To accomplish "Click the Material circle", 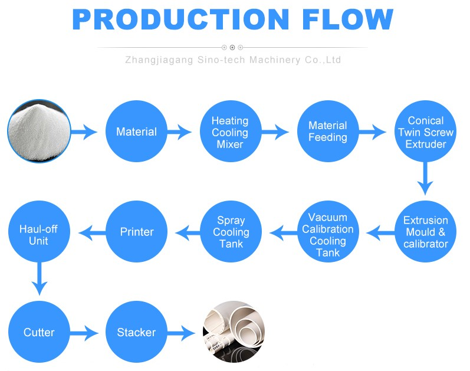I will pyautogui.click(x=136, y=132).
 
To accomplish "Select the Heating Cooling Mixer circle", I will pyautogui.click(x=229, y=132).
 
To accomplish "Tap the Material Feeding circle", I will pyautogui.click(x=328, y=132).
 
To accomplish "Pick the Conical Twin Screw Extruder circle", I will pyautogui.click(x=425, y=132).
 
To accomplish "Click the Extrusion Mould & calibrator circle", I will pyautogui.click(x=425, y=232).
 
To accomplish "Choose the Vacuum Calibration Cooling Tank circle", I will pyautogui.click(x=328, y=232).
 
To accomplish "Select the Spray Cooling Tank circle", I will pyautogui.click(x=231, y=232).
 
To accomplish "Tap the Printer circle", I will pyautogui.click(x=136, y=232).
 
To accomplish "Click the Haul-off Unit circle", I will pyautogui.click(x=38, y=232).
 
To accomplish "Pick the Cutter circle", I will pyautogui.click(x=38, y=332).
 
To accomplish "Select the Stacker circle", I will pyautogui.click(x=136, y=332).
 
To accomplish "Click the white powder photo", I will pyautogui.click(x=38, y=132).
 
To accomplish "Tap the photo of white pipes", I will pyautogui.click(x=234, y=332).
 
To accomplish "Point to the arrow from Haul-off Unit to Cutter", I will pyautogui.click(x=39, y=279).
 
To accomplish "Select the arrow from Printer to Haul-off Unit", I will pyautogui.click(x=87, y=232).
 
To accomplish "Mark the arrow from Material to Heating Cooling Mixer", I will pyautogui.click(x=180, y=132).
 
